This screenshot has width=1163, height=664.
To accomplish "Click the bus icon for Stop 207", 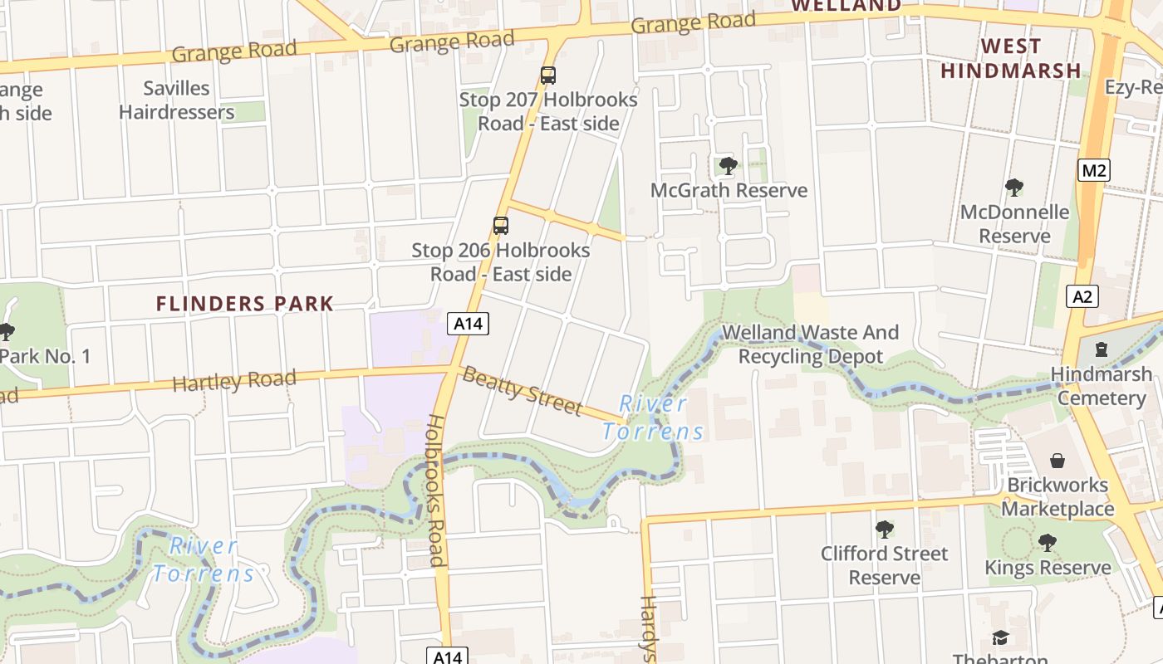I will (547, 76).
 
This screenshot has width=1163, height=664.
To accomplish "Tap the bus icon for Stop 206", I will (500, 226).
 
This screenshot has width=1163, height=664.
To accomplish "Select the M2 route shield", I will (1094, 171).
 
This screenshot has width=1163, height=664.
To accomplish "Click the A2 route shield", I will (1082, 296).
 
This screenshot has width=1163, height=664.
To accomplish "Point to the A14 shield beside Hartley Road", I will (468, 324).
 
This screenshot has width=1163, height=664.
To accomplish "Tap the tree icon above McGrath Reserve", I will (728, 166).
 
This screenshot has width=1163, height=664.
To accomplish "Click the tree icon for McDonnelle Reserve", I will (1013, 188).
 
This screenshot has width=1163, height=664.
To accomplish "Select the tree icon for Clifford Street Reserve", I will (884, 529).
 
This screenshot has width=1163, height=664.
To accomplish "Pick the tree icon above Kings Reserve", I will (1047, 543).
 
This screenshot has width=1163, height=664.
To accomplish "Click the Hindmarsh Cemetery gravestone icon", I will (1102, 349).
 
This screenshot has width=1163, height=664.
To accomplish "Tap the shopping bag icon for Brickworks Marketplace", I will (1057, 460).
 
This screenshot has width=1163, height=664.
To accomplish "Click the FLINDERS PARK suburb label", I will (245, 304).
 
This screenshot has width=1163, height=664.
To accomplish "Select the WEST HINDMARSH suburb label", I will (1010, 58).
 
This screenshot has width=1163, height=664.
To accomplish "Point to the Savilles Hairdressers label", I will (176, 100).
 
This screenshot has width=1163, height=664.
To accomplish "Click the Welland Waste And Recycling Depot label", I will (810, 344).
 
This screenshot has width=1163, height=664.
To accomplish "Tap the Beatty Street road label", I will (522, 390).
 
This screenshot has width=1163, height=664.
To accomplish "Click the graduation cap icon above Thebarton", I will (1000, 637).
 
